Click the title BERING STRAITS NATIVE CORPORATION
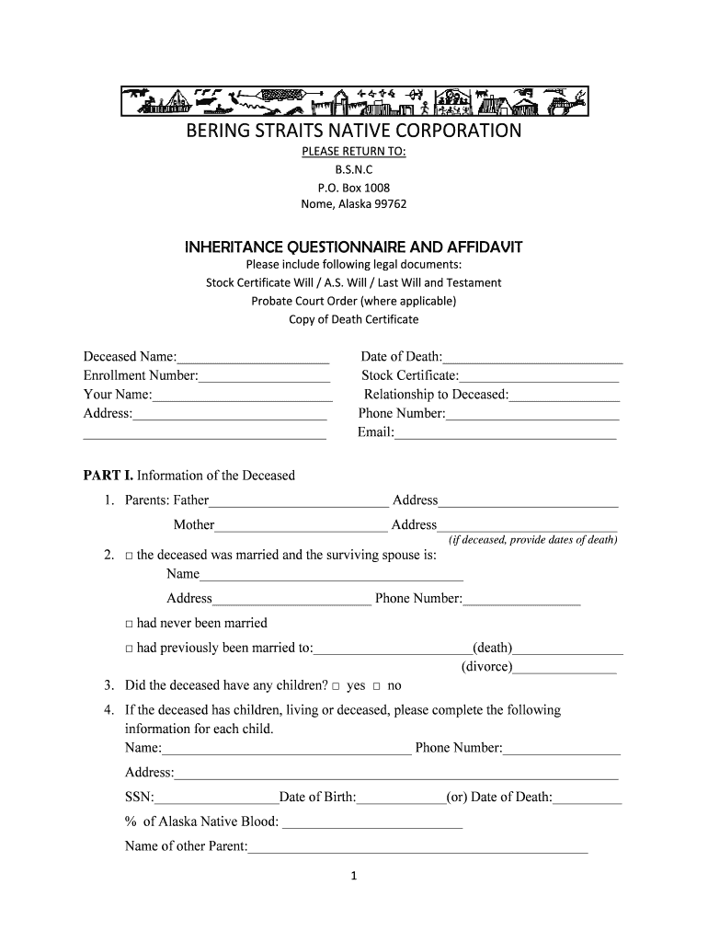point(354,131)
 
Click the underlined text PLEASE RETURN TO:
point(354,152)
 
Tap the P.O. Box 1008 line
point(354,187)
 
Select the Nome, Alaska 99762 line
point(354,204)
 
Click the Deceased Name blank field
point(253,357)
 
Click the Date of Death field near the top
point(532,357)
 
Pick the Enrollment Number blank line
point(264,376)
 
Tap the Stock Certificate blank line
point(539,376)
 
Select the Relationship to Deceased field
point(565,395)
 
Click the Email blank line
point(505,433)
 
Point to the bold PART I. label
point(108,476)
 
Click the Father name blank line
point(299,501)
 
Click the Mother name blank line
point(301,525)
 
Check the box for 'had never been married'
point(130,624)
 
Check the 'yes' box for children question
point(337,686)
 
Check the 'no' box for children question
point(377,686)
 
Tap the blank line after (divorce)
point(565,668)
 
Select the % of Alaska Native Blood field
point(372,822)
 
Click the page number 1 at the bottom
point(354,877)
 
